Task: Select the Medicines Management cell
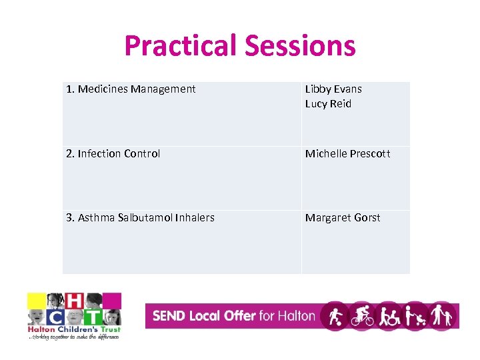click(x=131, y=89)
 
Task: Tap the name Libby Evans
click(x=333, y=89)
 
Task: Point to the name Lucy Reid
click(x=328, y=104)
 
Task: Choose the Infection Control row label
click(x=113, y=154)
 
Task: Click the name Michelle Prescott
click(x=347, y=154)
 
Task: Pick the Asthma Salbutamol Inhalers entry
click(x=140, y=218)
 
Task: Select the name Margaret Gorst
click(x=343, y=218)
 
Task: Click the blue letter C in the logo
click(x=56, y=315)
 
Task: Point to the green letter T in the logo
click(x=94, y=315)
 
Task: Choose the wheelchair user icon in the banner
click(x=389, y=315)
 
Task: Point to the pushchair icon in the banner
click(x=416, y=315)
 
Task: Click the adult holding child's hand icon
click(x=443, y=315)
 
